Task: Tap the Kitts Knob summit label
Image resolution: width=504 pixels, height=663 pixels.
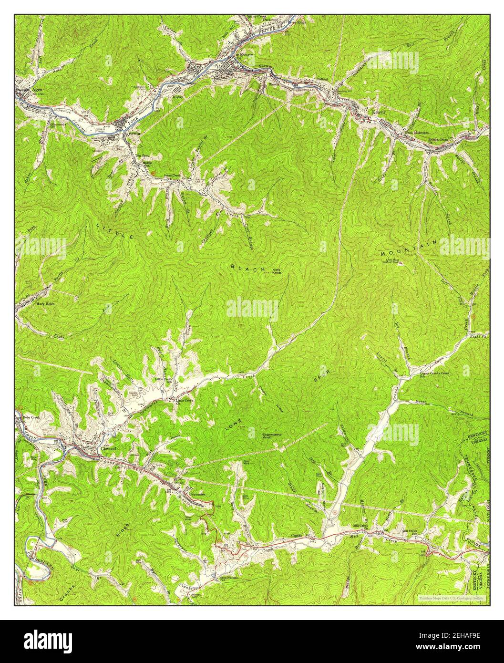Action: coord(277,272)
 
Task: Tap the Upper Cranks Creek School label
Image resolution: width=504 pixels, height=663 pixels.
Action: coord(434,373)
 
